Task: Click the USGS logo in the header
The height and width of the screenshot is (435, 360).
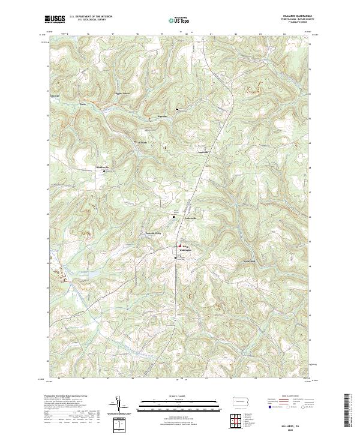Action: point(55,19)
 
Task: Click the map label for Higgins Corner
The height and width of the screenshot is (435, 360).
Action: point(122,94)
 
